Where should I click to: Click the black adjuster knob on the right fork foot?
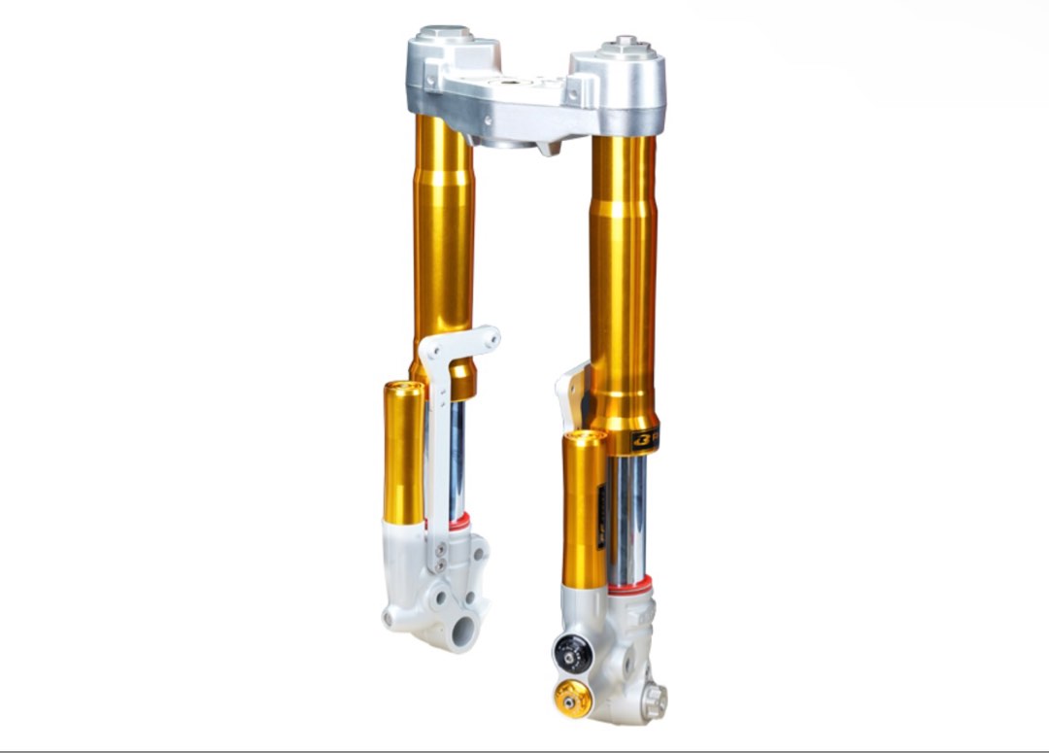(573, 654)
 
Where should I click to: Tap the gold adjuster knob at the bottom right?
(572, 698)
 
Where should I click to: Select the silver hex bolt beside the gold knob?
(654, 696)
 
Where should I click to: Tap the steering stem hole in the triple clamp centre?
(511, 86)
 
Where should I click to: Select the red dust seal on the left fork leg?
(458, 522)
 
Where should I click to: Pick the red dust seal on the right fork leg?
(630, 585)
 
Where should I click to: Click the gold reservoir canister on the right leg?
(585, 510)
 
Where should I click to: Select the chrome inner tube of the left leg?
(457, 457)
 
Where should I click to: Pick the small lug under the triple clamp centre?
(550, 148)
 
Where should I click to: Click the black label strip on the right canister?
(601, 515)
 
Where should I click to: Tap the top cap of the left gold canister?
(404, 389)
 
